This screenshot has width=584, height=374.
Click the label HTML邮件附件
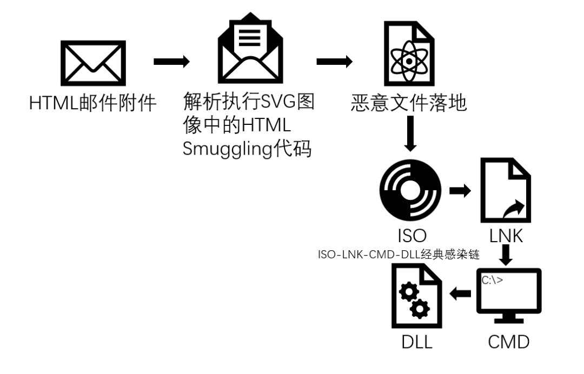(x=92, y=103)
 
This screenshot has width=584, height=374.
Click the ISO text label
(x=410, y=236)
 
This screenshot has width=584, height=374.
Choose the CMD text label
(x=508, y=342)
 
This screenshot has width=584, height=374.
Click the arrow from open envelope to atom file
(x=334, y=61)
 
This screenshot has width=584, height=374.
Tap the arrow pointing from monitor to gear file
(x=461, y=294)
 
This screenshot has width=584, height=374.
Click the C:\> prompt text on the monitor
(x=492, y=280)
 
